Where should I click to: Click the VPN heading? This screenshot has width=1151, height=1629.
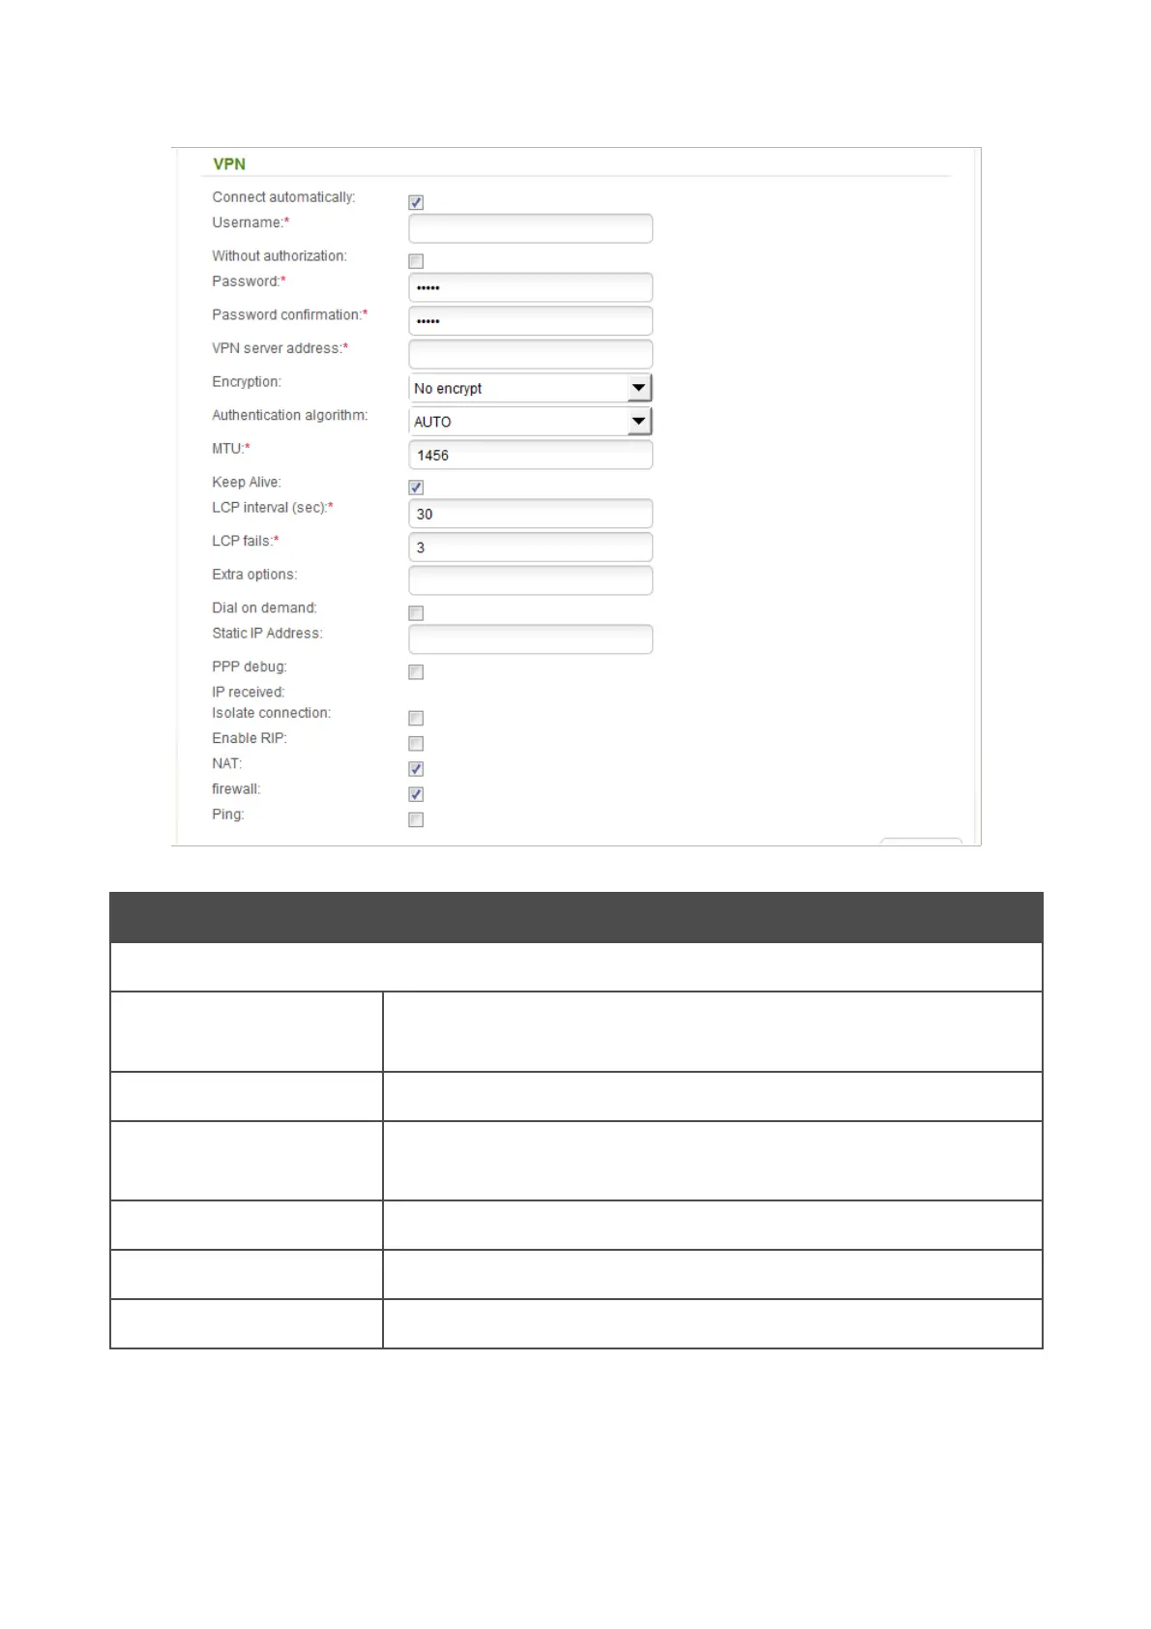pyautogui.click(x=229, y=164)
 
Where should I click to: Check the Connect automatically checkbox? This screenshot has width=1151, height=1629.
pyautogui.click(x=416, y=202)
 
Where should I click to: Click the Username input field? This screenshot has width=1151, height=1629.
pyautogui.click(x=530, y=228)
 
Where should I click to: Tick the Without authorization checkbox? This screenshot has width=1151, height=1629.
pyautogui.click(x=416, y=261)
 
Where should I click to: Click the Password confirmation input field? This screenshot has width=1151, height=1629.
pyautogui.click(x=530, y=320)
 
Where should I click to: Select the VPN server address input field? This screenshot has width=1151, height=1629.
pyautogui.click(x=530, y=354)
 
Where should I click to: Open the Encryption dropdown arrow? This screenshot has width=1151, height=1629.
pyautogui.click(x=638, y=388)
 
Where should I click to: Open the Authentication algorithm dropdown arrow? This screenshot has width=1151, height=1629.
pyautogui.click(x=638, y=421)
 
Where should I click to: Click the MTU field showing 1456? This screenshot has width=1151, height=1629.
pyautogui.click(x=530, y=455)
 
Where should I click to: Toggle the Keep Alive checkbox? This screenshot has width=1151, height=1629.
pyautogui.click(x=416, y=488)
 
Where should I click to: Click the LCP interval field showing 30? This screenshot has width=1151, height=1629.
pyautogui.click(x=530, y=514)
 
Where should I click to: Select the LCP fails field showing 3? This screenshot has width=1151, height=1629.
pyautogui.click(x=530, y=548)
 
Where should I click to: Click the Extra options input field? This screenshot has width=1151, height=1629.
pyautogui.click(x=530, y=580)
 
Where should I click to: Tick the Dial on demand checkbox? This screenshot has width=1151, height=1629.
pyautogui.click(x=416, y=613)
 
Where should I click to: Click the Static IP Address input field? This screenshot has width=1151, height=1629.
pyautogui.click(x=530, y=639)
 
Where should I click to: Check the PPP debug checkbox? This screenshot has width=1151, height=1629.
pyautogui.click(x=416, y=672)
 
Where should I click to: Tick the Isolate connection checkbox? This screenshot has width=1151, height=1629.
pyautogui.click(x=416, y=718)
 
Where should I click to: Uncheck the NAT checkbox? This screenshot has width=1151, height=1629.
pyautogui.click(x=416, y=769)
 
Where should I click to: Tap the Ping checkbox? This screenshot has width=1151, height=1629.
pyautogui.click(x=416, y=820)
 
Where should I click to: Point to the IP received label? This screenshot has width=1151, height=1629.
pyautogui.click(x=249, y=693)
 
